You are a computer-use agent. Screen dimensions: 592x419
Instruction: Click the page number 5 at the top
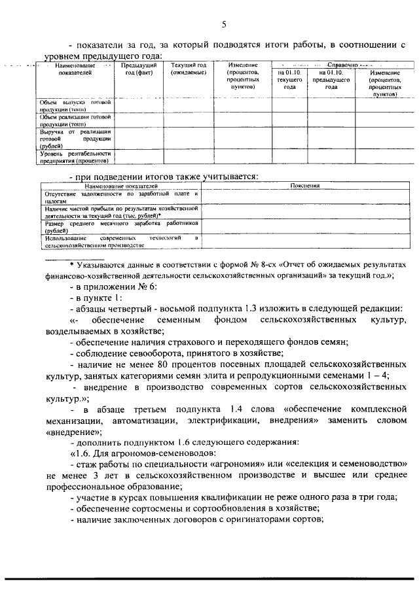click(223, 24)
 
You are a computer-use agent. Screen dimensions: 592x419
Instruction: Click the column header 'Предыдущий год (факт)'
click(138, 69)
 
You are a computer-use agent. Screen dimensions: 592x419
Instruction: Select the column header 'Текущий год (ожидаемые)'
click(189, 69)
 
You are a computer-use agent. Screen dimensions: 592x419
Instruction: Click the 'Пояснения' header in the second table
click(304, 186)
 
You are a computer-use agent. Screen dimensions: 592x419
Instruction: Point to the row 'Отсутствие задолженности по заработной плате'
click(121, 197)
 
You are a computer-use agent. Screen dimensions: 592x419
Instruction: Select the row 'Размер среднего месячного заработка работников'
click(121, 226)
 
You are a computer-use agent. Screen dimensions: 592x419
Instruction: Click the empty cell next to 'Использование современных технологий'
click(304, 241)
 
